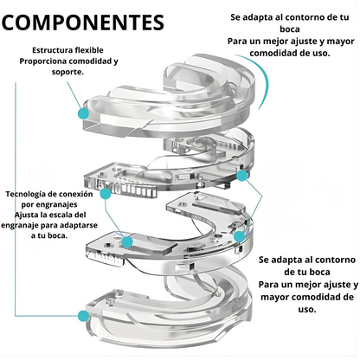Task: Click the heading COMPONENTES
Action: point(83,22)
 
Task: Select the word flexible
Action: point(89,50)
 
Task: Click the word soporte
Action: point(67,72)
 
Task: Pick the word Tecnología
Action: point(25,194)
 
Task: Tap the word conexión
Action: point(75,194)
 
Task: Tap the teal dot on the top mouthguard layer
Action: point(84,113)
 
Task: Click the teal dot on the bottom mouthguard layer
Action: point(84,316)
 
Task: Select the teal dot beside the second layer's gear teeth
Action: point(106,194)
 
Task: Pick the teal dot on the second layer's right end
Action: point(242,176)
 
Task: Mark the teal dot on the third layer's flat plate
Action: point(127,241)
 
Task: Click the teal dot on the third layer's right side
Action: point(239,236)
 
